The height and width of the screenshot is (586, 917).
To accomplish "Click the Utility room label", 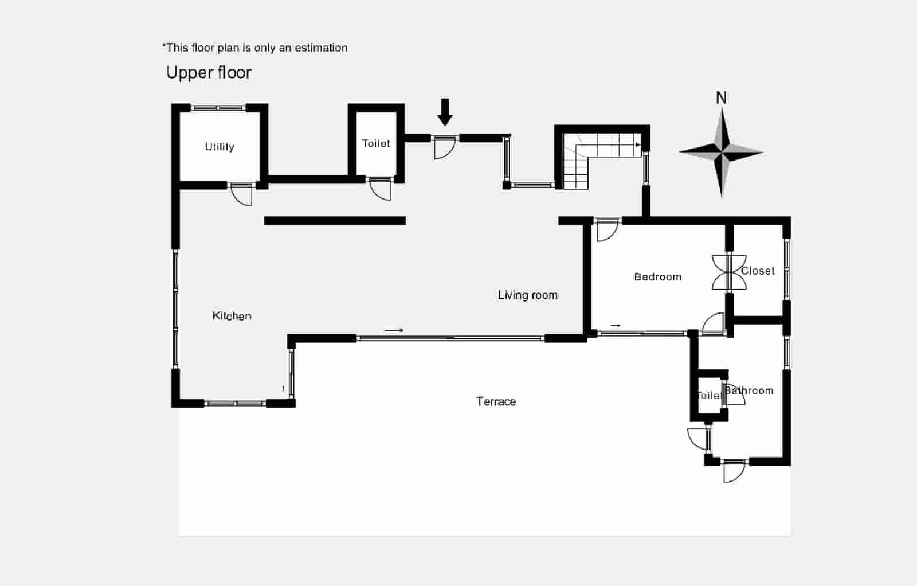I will [220, 147].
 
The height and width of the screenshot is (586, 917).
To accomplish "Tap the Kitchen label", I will [232, 316].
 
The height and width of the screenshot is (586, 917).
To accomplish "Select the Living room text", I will [527, 295].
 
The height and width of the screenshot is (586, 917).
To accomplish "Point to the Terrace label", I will [496, 401].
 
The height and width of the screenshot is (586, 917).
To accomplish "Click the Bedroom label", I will [657, 277].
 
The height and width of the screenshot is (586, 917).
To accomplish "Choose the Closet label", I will [758, 271].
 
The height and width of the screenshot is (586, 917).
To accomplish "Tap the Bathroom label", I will [750, 391].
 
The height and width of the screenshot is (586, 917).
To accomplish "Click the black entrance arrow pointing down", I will [445, 112].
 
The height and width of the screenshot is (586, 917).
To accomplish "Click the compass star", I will [721, 153].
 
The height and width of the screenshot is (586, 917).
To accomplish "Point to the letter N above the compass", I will [721, 99].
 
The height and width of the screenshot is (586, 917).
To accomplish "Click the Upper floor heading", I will [209, 73].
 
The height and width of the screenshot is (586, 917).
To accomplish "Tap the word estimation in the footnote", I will [321, 48].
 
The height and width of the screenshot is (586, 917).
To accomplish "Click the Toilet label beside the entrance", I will [376, 143].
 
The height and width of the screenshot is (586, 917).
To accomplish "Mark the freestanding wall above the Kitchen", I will [335, 220].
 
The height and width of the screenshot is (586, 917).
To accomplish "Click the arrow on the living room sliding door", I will [394, 330].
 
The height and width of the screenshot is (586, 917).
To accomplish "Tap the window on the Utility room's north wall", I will [218, 107].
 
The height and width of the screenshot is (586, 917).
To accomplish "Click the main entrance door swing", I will [444, 149].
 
